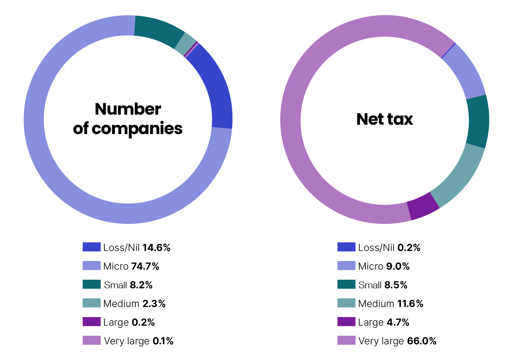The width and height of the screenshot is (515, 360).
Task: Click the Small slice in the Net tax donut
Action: (478, 122)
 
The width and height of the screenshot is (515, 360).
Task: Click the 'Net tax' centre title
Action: (385, 120)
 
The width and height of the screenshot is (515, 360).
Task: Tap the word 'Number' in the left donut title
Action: (128, 109)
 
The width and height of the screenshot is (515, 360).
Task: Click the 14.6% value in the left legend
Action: (156, 248)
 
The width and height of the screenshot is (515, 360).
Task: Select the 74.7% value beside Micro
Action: (145, 266)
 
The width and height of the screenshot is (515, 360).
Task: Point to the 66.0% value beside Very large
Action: (422, 341)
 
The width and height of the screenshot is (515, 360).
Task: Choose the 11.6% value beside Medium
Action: (410, 304)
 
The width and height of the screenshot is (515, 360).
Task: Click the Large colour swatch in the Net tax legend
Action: (346, 322)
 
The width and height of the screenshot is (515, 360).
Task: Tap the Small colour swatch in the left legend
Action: (92, 284)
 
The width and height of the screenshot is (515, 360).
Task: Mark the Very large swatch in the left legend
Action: (92, 340)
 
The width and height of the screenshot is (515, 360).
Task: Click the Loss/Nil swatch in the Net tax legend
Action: (346, 247)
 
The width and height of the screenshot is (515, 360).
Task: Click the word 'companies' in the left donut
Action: (137, 129)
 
